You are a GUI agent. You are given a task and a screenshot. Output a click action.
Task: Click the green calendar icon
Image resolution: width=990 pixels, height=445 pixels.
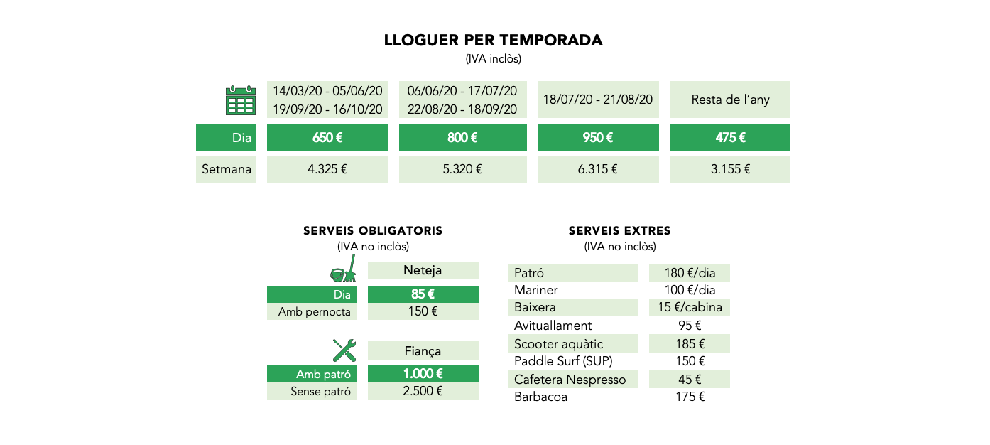[241, 100]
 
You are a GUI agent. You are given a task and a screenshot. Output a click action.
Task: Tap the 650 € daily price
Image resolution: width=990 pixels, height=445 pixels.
[327, 138]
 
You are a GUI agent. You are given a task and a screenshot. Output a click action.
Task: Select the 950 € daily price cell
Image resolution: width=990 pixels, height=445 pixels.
[598, 138]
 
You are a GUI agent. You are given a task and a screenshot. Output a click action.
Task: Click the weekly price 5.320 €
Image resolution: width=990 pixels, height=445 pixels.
[462, 169]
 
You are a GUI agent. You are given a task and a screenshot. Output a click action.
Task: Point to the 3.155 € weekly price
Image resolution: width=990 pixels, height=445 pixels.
[730, 169]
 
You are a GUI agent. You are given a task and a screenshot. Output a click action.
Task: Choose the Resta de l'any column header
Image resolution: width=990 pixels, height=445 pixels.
[730, 100]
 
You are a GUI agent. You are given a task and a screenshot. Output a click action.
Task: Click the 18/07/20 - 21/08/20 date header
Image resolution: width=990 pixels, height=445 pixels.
[598, 100]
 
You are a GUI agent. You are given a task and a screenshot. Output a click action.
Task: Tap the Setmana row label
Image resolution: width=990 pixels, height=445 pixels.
[227, 169]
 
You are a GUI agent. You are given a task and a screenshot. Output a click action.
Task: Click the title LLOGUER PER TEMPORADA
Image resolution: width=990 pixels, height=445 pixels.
[494, 41]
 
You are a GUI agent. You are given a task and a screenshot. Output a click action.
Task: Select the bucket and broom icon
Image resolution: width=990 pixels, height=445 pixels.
[344, 269]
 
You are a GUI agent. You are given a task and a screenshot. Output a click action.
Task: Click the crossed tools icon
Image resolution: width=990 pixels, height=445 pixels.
[344, 350]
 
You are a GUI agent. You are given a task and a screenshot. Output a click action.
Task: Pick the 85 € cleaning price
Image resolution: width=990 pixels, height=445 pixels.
[423, 294]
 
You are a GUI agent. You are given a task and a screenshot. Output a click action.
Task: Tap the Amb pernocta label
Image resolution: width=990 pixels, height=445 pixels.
[314, 312]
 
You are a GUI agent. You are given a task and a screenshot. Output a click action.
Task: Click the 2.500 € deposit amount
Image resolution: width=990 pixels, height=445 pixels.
[423, 391]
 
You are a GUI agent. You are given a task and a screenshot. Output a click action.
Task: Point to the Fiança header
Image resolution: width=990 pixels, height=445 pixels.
[423, 351]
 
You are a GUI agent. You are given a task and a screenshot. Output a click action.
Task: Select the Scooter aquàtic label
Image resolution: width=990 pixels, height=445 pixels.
[559, 344]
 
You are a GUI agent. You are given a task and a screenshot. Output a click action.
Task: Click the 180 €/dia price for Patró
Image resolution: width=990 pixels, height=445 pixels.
[690, 273]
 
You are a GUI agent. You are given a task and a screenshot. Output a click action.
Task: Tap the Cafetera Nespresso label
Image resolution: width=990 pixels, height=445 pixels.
[570, 380]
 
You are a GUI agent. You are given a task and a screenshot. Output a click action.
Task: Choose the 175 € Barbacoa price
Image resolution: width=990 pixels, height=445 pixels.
[690, 397]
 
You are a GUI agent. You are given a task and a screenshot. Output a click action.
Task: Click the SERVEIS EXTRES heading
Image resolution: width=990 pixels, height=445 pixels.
[619, 230]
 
